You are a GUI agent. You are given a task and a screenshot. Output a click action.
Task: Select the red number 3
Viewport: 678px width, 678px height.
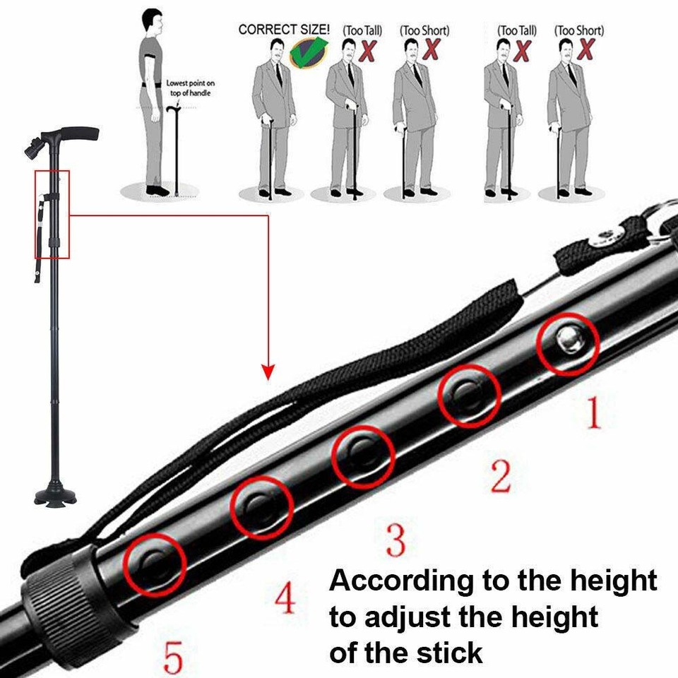(395, 540)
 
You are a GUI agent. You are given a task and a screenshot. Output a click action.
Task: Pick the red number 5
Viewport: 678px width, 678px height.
(172, 656)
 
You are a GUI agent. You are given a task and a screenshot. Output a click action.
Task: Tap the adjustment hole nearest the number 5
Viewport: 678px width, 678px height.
(155, 562)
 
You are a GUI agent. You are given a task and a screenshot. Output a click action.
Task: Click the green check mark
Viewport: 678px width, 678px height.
(309, 52)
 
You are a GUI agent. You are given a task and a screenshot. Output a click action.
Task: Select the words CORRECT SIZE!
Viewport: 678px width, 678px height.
(284, 30)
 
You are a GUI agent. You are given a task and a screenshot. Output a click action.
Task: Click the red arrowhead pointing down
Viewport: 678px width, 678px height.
(268, 371)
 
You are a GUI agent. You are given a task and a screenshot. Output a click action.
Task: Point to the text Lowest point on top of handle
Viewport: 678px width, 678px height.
(190, 88)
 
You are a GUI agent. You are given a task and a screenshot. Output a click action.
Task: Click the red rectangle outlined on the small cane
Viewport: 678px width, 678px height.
(52, 214)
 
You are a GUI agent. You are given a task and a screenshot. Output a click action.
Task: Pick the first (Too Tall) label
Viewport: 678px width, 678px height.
(362, 30)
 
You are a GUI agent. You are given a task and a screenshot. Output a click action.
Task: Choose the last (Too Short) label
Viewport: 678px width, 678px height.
(578, 30)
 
